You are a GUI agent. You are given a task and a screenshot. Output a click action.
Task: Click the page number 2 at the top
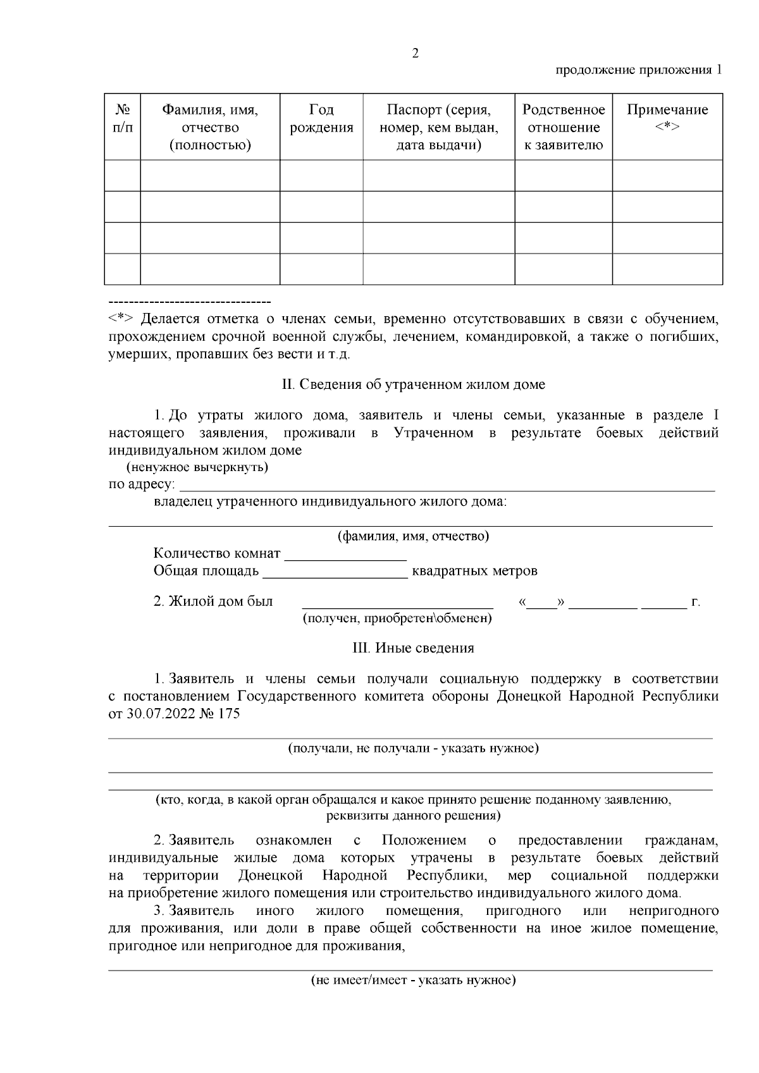415,54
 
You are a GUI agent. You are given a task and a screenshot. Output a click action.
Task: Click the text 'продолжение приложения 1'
638,70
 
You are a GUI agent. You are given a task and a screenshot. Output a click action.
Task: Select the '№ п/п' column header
123,119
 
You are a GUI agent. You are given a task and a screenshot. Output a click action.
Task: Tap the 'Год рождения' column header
321,119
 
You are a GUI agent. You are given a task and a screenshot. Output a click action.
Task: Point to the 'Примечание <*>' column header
667,118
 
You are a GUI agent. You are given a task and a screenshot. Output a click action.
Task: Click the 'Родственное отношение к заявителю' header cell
563,127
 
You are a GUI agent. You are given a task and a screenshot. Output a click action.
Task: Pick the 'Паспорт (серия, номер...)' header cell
438,127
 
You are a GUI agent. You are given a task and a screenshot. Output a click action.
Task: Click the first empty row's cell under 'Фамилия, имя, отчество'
210,175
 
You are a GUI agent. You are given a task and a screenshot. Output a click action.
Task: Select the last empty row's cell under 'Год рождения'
321,269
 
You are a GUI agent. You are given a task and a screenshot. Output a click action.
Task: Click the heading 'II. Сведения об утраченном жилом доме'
413,384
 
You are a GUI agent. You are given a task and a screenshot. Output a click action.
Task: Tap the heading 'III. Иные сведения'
413,648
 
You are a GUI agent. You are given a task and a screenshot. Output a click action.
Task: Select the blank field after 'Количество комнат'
345,555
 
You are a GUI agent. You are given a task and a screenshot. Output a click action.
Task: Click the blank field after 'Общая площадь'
335,572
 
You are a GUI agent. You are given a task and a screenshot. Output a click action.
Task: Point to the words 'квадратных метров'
474,572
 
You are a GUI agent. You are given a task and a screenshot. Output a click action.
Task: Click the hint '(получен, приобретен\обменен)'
397,618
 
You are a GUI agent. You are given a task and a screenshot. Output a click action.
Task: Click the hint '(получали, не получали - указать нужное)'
413,749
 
